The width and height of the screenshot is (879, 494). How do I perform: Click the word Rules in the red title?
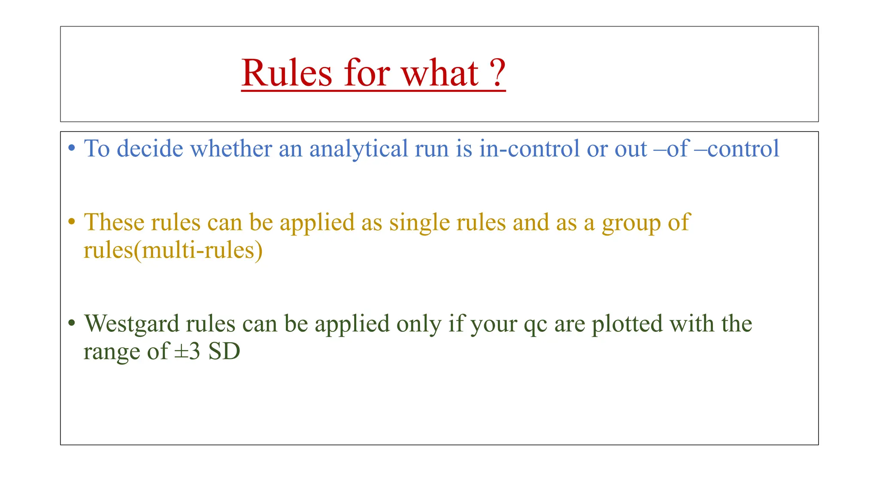[287, 73]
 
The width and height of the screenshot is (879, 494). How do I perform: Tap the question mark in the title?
[498, 73]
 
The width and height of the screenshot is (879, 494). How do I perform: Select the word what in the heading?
[439, 73]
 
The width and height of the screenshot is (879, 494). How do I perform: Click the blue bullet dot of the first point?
[72, 149]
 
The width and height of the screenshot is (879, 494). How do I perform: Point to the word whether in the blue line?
[231, 149]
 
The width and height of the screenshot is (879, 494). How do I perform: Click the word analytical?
[359, 150]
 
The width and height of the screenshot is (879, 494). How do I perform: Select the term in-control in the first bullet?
[529, 149]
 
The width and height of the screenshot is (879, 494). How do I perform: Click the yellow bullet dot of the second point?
[72, 222]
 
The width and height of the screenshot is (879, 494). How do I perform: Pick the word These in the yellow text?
[114, 222]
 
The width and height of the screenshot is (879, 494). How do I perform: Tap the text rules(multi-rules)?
[173, 250]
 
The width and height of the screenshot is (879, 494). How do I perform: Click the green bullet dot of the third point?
[72, 323]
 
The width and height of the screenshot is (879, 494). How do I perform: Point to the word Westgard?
[131, 324]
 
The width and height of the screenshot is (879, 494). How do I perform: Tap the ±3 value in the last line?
[188, 352]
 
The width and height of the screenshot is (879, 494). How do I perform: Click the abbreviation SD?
[224, 352]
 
